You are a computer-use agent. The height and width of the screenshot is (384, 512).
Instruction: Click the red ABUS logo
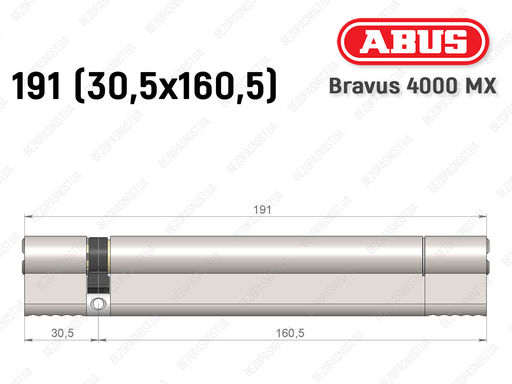[413, 41]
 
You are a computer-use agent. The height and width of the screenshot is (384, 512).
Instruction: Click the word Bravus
[364, 86]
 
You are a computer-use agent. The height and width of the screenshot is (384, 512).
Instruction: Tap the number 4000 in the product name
[432, 86]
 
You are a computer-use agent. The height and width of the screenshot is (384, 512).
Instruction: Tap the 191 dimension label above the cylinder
[262, 210]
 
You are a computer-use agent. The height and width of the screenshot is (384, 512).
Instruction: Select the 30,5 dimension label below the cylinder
[62, 333]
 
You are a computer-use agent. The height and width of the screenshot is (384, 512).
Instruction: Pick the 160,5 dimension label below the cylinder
[290, 333]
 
